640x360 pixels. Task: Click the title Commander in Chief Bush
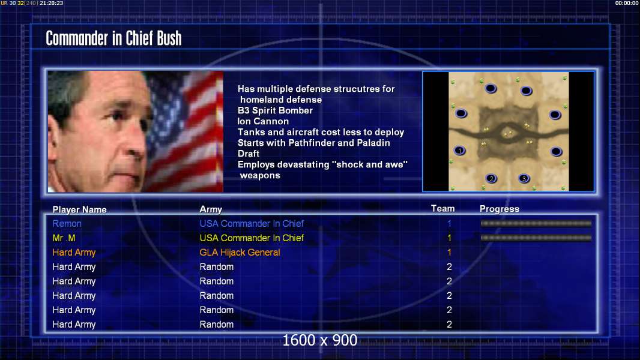pyautogui.click(x=113, y=38)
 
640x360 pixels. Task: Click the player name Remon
pyautogui.click(x=67, y=223)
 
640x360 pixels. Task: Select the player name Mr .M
pyautogui.click(x=64, y=238)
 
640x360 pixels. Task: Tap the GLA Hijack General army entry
pyautogui.click(x=240, y=253)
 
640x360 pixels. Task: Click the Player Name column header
pyautogui.click(x=80, y=209)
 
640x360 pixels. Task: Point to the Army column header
pyautogui.click(x=211, y=209)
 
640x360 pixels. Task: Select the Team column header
pyautogui.click(x=443, y=208)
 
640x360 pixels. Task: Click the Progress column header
pyautogui.click(x=500, y=209)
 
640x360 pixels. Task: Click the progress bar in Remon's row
pyautogui.click(x=536, y=223)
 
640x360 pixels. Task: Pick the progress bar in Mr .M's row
pyautogui.click(x=536, y=238)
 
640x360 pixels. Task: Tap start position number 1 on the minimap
pyautogui.click(x=460, y=151)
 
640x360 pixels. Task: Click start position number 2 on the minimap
pyautogui.click(x=492, y=179)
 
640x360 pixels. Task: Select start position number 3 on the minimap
pyautogui.click(x=524, y=178)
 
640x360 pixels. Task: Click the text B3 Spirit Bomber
pyautogui.click(x=275, y=110)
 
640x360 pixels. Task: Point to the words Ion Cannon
pyautogui.click(x=264, y=121)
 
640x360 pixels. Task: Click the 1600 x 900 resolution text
pyautogui.click(x=319, y=340)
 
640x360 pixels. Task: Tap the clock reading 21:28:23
pyautogui.click(x=52, y=3)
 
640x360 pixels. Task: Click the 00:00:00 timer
pyautogui.click(x=627, y=3)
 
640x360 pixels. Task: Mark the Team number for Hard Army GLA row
pyautogui.click(x=450, y=253)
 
